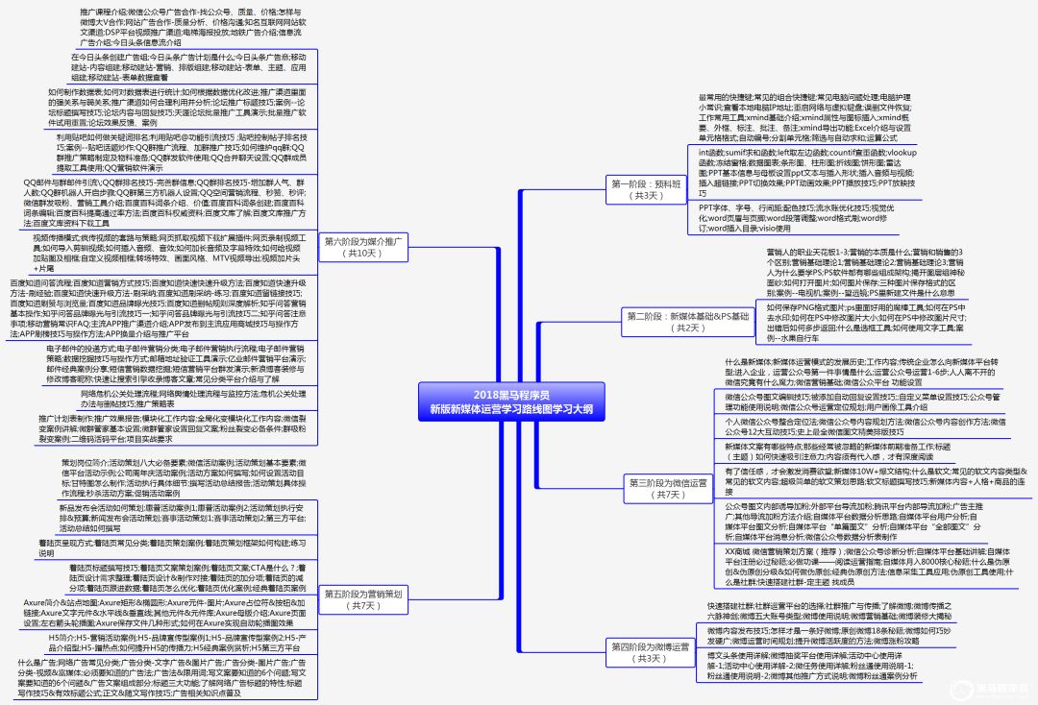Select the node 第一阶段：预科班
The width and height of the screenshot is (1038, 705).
coord(650,188)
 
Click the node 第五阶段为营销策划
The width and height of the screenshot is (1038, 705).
coord(362,599)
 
